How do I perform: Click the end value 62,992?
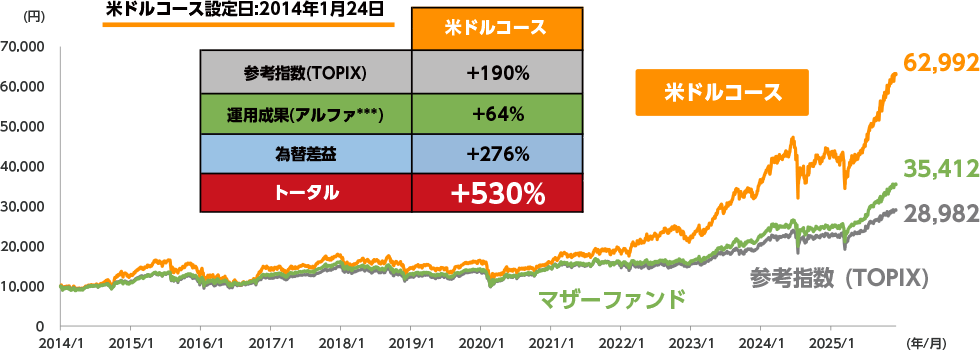(939, 63)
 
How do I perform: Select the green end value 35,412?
(939, 168)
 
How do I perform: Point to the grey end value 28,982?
(939, 214)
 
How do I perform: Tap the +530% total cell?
(497, 194)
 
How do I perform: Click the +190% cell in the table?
(497, 72)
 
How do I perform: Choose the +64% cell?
(497, 113)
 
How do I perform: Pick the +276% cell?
(497, 153)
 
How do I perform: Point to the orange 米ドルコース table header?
(497, 27)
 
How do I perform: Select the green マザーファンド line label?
(613, 299)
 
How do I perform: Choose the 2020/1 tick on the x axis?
(480, 342)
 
